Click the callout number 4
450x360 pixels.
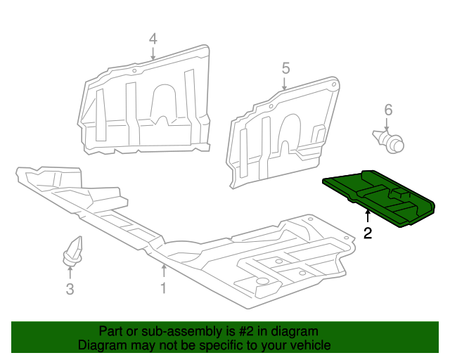153,39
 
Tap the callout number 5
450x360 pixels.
285,68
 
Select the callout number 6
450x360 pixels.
387,110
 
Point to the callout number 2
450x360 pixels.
368,233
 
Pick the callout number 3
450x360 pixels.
70,288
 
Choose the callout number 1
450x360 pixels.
163,288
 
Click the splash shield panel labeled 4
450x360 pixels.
148,105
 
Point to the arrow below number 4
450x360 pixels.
153,53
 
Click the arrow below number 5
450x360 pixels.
285,83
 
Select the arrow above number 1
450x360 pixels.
163,271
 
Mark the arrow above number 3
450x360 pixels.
70,272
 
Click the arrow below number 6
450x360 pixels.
387,124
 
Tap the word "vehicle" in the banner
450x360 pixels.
309,345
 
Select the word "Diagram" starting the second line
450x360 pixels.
101,345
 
